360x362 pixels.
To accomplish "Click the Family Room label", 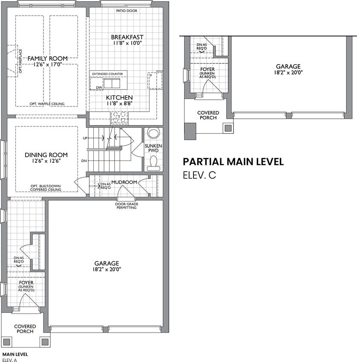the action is [x=48, y=58].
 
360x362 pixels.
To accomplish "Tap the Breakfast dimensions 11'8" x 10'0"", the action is [x=127, y=43].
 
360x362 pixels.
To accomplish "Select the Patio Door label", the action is [x=127, y=11].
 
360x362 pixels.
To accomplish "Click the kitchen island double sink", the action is [x=112, y=83].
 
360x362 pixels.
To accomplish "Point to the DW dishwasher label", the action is [x=99, y=88].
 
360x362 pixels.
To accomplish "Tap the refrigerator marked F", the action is [x=155, y=80].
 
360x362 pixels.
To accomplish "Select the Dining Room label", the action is [x=46, y=155].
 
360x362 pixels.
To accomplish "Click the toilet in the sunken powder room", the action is [x=153, y=163].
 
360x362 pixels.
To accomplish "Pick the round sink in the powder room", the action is [x=153, y=133].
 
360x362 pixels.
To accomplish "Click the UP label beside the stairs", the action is [x=85, y=138].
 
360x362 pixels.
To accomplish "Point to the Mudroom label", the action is [x=124, y=182].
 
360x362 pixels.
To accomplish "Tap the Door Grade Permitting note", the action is [x=127, y=206].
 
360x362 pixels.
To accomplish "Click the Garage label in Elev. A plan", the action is [x=107, y=263].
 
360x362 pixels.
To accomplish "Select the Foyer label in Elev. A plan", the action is [x=26, y=283].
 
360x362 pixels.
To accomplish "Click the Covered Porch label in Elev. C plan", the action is [x=208, y=115].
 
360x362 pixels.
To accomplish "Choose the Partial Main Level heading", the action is [x=233, y=161].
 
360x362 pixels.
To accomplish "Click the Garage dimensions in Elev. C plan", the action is [x=288, y=72].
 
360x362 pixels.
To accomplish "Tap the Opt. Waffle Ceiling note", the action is [x=47, y=104].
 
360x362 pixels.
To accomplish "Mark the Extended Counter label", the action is [x=108, y=74].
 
